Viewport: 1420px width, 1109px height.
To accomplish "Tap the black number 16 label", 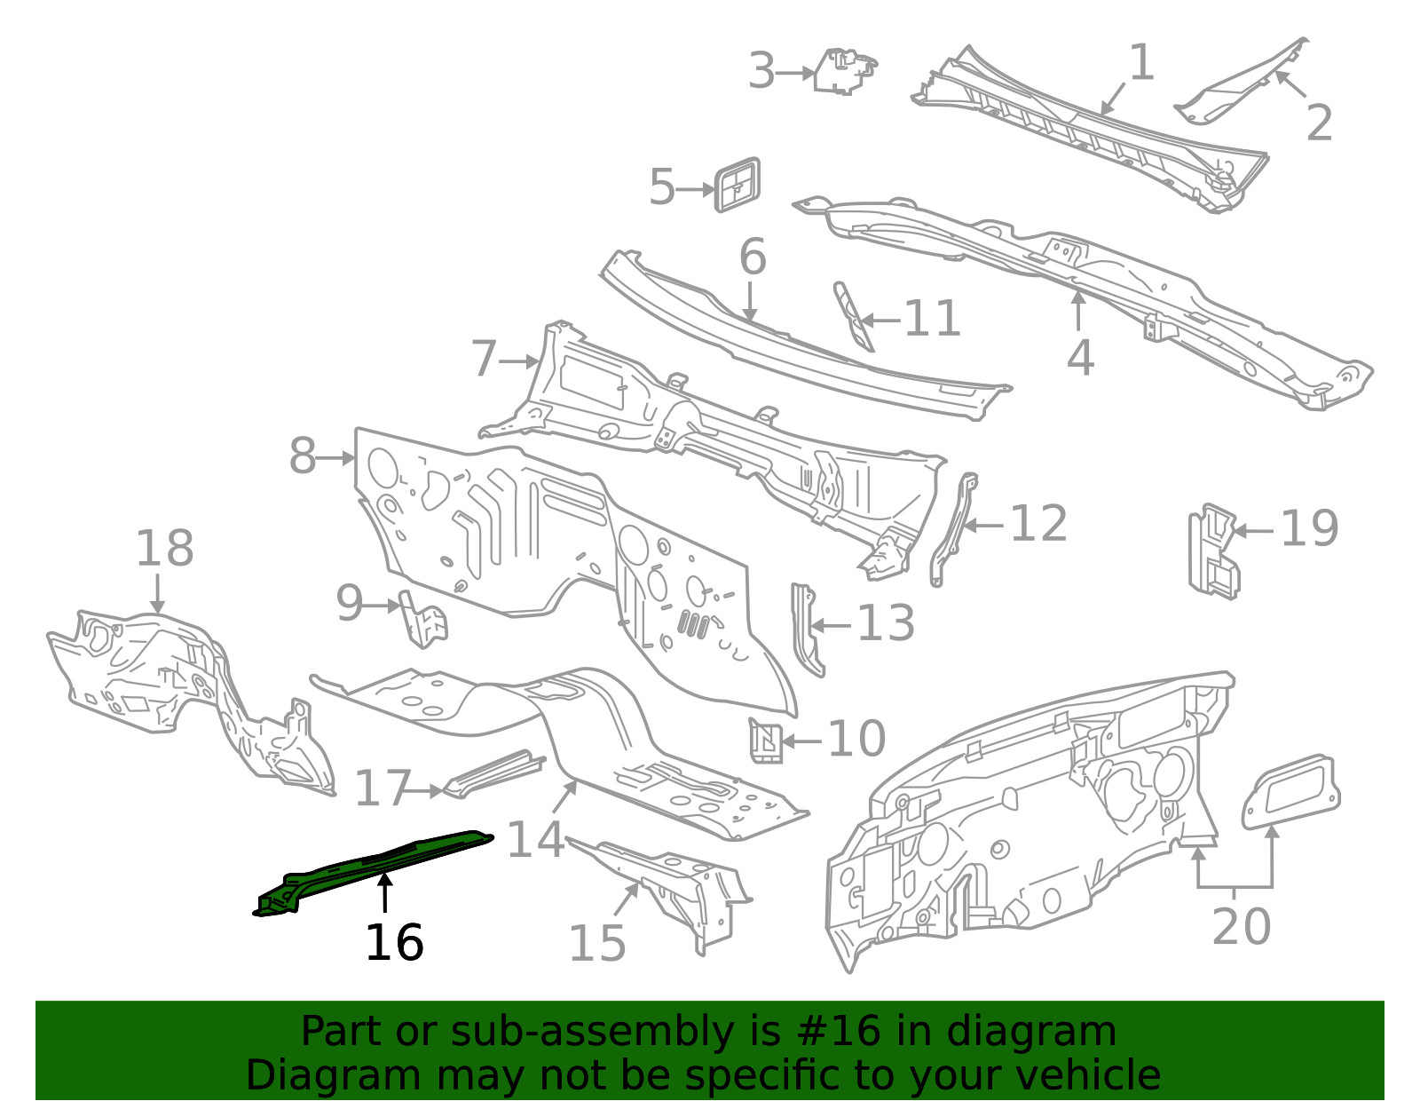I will [x=394, y=942].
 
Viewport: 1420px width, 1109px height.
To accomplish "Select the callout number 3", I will [x=761, y=71].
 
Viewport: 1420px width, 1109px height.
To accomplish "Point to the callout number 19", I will [x=1309, y=529].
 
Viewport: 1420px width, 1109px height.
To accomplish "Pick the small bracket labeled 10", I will [x=766, y=740].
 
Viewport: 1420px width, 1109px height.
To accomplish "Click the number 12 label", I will [x=1037, y=524].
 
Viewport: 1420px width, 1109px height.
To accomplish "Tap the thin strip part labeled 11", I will [x=853, y=317].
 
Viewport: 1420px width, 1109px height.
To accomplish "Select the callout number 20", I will [x=1241, y=926].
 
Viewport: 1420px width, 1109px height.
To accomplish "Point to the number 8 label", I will [x=303, y=456].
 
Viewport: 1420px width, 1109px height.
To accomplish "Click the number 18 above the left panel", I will [x=164, y=548].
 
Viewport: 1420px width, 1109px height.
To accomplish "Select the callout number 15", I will [x=596, y=943].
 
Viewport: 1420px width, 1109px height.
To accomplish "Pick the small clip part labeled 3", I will [x=844, y=70].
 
